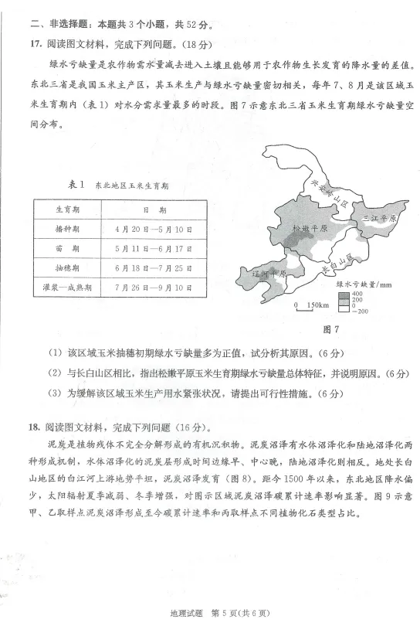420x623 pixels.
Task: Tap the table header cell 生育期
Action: (68, 209)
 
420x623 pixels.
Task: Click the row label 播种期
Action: (68, 230)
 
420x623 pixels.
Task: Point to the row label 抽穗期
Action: (68, 268)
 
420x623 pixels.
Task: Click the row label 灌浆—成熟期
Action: (68, 288)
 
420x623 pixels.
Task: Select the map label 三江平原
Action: (380, 219)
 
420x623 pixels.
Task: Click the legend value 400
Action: (357, 294)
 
